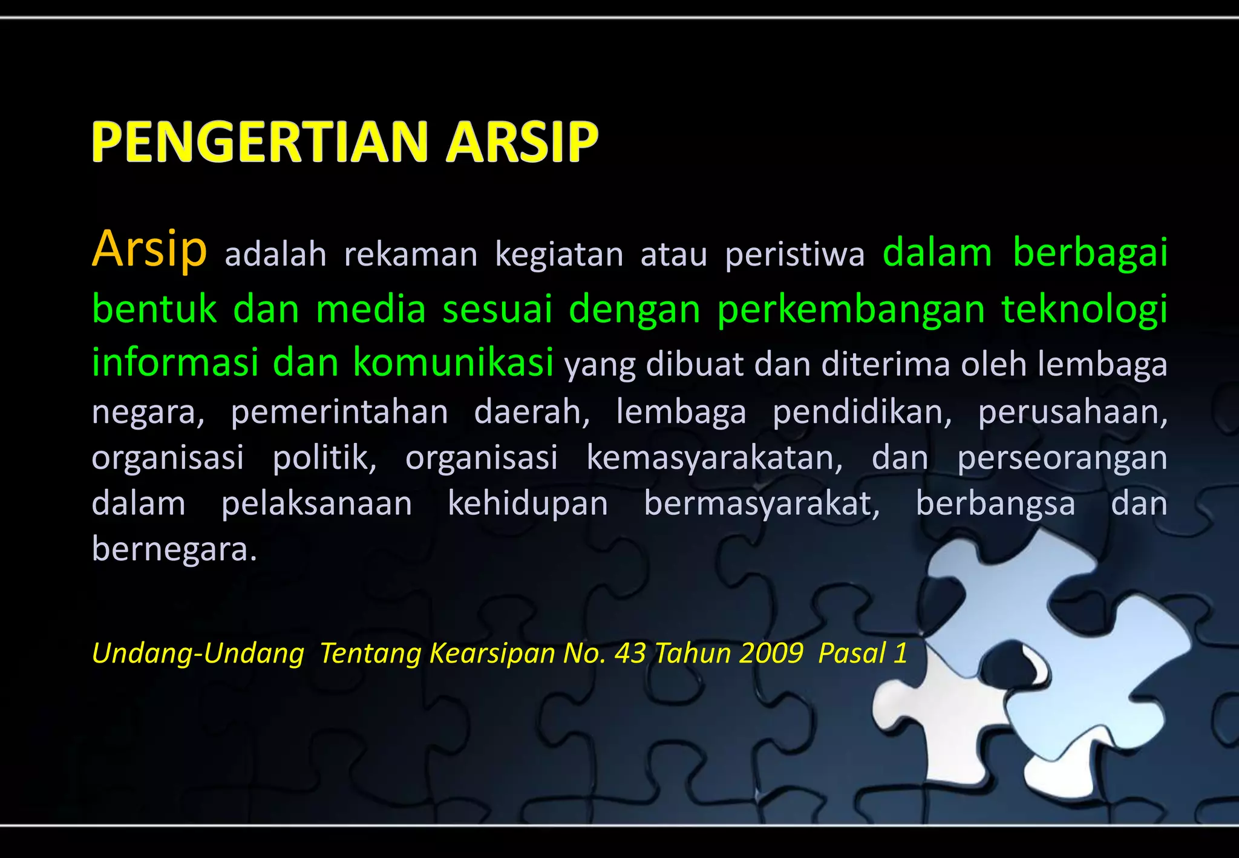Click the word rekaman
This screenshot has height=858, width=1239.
point(411,254)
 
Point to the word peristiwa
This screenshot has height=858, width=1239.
point(794,254)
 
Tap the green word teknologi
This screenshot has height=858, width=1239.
point(1084,309)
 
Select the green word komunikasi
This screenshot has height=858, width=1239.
point(453,362)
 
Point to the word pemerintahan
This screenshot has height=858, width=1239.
point(339,412)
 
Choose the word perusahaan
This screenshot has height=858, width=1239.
point(1073,412)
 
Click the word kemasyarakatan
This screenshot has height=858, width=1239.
point(714,458)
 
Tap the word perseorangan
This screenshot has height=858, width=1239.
point(1062,458)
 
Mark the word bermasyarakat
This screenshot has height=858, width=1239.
point(762,503)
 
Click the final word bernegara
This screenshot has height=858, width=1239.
point(174,549)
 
